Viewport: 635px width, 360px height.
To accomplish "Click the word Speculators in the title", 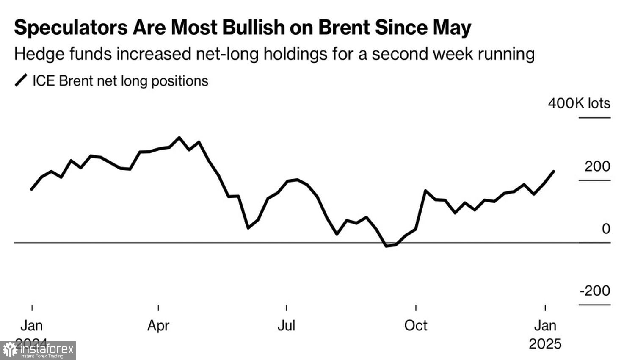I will coord(71,28).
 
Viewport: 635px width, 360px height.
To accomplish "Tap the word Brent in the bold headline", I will coord(343,28).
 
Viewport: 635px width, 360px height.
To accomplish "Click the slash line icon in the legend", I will coord(21,80).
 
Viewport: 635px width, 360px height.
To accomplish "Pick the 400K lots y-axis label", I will coord(579,103).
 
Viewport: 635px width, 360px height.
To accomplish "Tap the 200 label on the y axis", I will coord(597,166).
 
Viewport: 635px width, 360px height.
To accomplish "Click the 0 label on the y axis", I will coord(606,229).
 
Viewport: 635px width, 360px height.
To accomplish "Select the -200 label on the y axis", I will coord(595,291).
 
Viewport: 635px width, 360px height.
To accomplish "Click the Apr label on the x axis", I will coord(158,325).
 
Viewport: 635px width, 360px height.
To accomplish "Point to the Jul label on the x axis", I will coord(286,325).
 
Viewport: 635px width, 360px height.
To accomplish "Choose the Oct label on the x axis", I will coord(416,325).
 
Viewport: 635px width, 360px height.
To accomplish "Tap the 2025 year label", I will coord(545,343).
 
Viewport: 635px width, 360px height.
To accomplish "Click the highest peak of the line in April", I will coord(179,137).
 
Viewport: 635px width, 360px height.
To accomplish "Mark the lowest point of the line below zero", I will coord(386,246).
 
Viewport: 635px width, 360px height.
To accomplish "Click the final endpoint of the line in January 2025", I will coord(554,172).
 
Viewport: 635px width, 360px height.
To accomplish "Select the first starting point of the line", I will coord(32,189).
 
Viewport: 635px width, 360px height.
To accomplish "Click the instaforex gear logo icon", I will coord(10,350).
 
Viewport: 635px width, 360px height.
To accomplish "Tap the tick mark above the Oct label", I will coord(416,307).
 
